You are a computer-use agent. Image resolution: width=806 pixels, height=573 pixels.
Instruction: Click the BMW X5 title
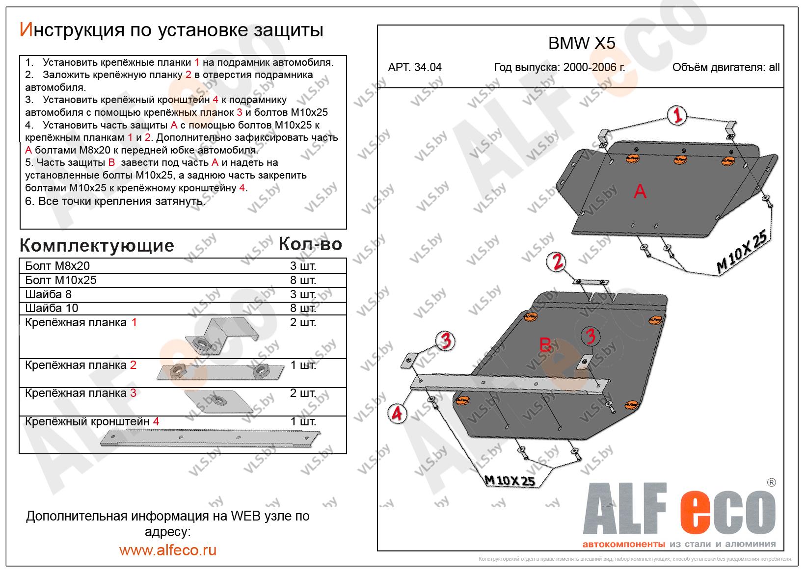[x=581, y=44]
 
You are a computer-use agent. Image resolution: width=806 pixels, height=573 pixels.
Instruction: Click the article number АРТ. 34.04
[x=415, y=68]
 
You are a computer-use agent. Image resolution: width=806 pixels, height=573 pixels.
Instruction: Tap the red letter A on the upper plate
[x=640, y=191]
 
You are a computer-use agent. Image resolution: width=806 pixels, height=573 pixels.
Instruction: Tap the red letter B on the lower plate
[x=545, y=344]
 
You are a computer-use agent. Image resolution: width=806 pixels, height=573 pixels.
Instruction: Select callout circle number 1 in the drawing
[x=677, y=116]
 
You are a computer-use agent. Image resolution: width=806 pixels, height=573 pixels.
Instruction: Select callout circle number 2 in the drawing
[x=558, y=262]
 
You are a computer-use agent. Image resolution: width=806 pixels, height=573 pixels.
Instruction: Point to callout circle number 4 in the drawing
[x=397, y=414]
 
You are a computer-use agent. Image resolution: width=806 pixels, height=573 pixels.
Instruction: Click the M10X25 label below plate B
[x=509, y=480]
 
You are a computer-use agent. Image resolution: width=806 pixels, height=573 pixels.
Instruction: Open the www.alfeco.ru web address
[x=167, y=550]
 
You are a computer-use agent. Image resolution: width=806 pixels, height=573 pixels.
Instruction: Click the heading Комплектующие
[x=97, y=245]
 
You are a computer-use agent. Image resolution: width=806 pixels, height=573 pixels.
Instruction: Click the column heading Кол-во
[x=310, y=244]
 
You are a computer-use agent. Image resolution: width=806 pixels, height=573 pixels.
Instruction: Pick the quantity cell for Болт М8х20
[x=303, y=266]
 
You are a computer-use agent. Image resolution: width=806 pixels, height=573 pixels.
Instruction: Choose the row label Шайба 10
[x=52, y=308]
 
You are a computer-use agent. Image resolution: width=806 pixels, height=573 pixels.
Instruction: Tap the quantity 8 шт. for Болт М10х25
[x=303, y=280]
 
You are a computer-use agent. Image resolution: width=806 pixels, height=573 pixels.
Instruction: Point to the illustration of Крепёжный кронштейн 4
[x=211, y=436]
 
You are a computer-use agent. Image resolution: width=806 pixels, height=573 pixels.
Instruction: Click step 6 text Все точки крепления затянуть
[x=115, y=201]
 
